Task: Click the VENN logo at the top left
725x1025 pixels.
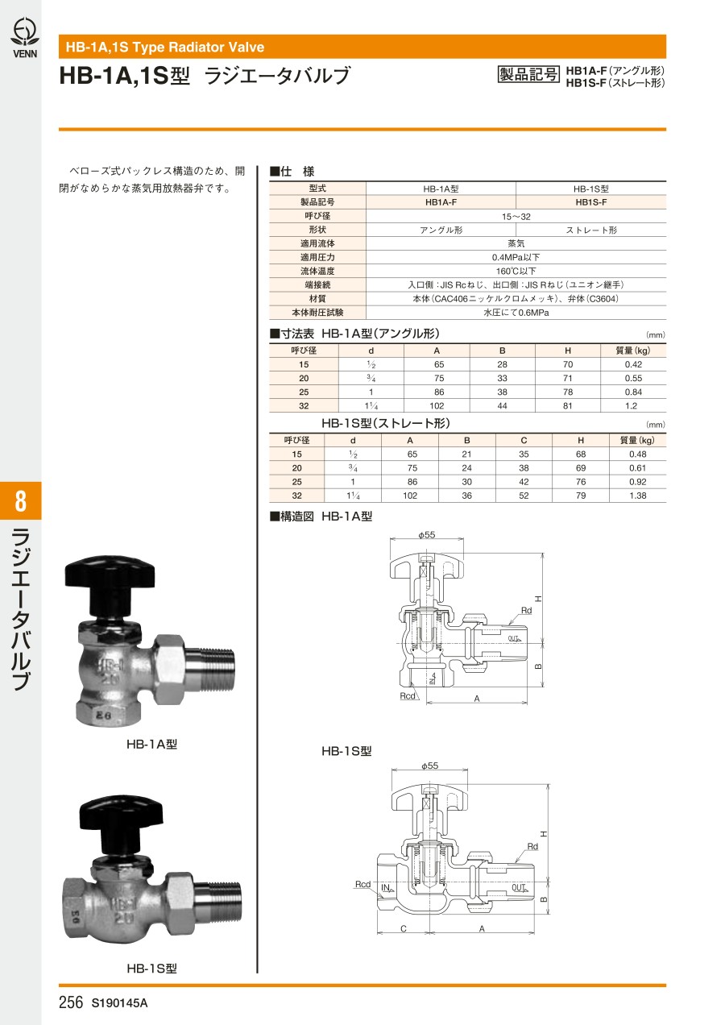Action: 25,38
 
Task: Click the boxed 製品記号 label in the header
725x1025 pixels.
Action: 528,75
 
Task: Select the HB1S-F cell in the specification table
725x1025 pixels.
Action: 591,202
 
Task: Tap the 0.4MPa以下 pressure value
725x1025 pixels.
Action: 516,257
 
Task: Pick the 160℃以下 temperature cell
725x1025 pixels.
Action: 516,271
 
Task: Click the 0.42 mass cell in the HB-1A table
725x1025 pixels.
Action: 633,364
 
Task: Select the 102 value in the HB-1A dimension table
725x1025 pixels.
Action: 437,405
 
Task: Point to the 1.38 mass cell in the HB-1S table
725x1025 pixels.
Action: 637,495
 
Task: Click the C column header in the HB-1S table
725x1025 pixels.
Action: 524,440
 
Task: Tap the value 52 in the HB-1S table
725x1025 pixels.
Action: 524,495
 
